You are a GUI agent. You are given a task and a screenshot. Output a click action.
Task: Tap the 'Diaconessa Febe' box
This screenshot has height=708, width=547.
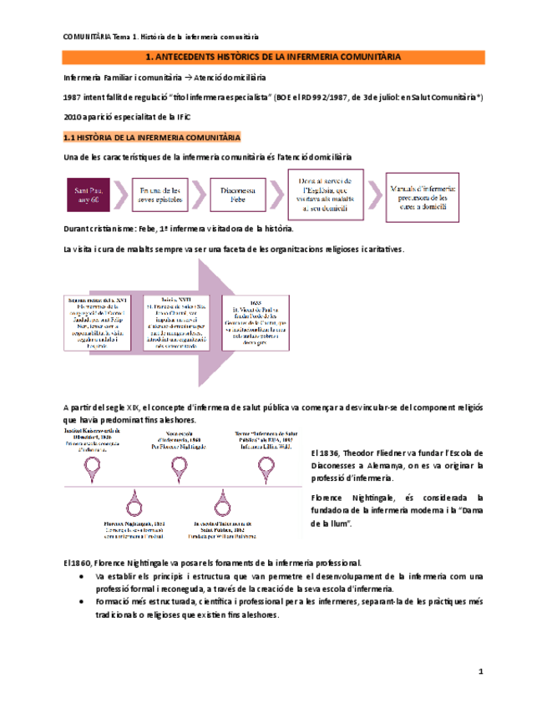238,196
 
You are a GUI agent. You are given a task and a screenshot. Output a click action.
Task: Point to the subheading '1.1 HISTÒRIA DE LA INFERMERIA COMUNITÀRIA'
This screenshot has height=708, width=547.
152,136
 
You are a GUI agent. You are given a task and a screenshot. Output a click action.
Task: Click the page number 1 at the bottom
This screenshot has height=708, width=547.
480,671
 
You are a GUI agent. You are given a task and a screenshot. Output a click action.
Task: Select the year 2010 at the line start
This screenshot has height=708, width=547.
73,117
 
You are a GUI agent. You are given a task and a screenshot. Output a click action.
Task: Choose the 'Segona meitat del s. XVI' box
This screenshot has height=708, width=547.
94,321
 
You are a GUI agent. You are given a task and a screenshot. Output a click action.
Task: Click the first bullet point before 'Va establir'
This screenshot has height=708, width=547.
80,578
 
